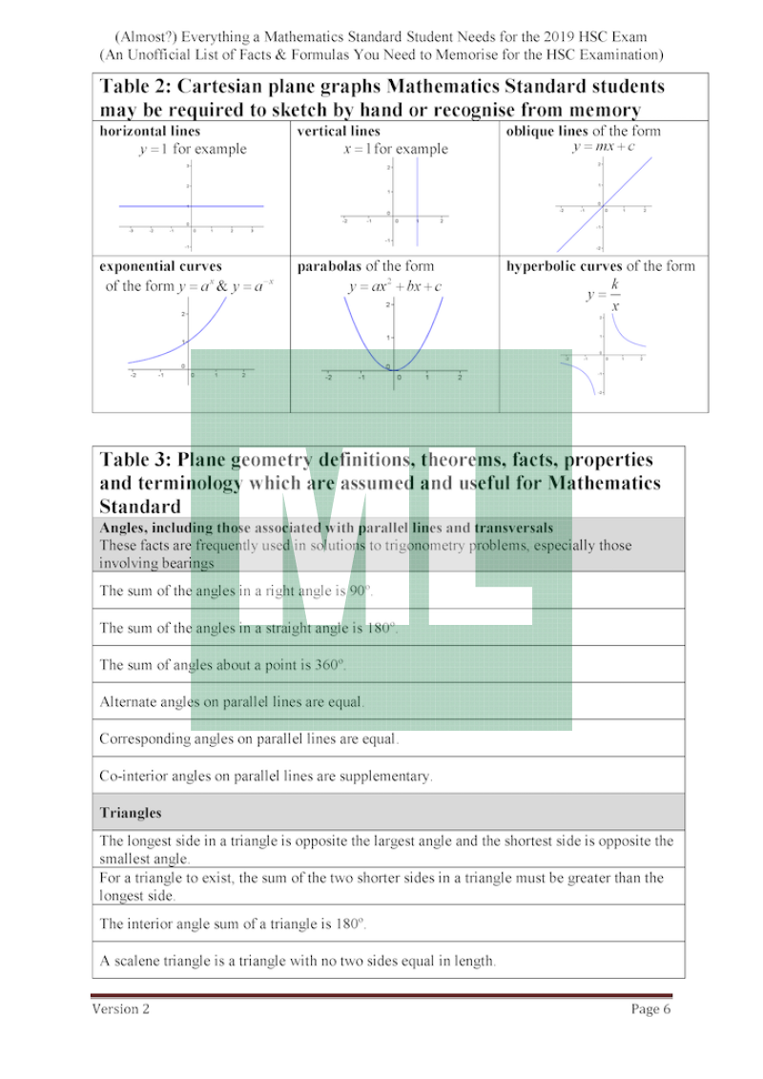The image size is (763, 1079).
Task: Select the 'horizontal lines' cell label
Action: tap(150, 132)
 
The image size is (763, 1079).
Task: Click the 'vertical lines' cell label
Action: tap(339, 132)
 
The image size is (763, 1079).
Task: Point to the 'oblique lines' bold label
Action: tap(546, 132)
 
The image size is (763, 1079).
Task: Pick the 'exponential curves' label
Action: tap(160, 266)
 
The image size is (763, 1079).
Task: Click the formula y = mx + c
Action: tap(604, 147)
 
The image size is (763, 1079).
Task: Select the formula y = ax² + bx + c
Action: tap(395, 286)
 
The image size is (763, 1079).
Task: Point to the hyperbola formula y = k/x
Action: tap(605, 296)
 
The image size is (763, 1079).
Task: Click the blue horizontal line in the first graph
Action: tap(191, 206)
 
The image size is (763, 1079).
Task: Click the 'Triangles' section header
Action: tap(131, 813)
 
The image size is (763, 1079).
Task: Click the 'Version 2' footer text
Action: tap(120, 1009)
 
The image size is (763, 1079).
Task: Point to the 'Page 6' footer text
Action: tap(650, 1009)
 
